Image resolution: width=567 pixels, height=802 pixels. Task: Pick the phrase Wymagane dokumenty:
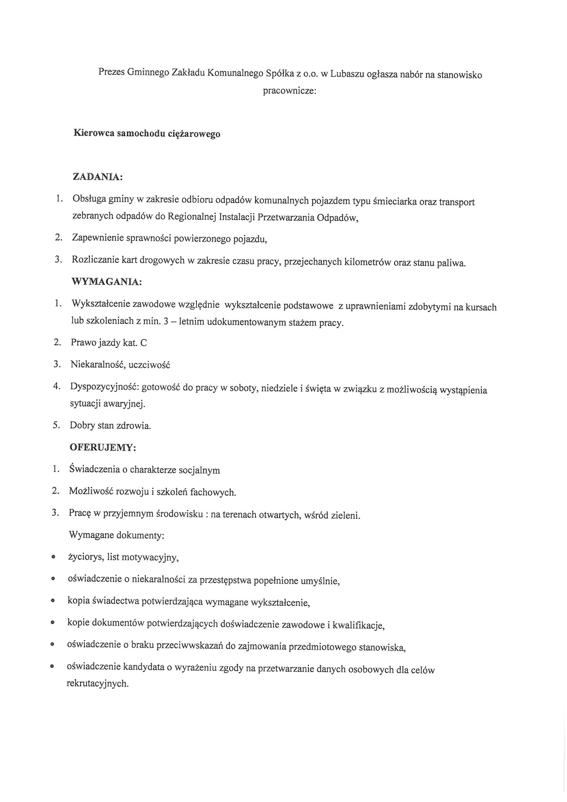[x=117, y=535]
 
